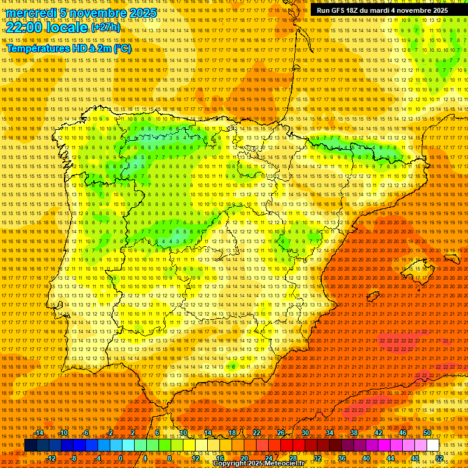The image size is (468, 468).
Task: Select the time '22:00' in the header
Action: point(24,27)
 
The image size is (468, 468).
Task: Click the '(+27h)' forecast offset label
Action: point(105,27)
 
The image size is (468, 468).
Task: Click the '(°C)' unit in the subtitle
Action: point(122,48)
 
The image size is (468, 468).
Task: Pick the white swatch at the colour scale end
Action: point(433,445)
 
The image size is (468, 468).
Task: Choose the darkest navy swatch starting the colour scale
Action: point(30,445)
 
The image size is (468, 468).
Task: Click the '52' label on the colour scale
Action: point(439,458)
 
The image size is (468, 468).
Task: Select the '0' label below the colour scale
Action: point(121,458)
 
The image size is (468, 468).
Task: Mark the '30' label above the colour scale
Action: point(305,433)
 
